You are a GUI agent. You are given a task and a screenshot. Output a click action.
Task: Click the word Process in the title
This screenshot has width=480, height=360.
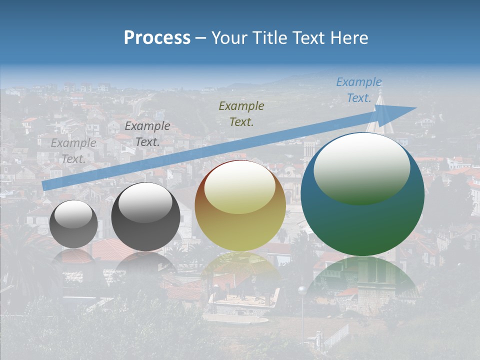tap(157, 38)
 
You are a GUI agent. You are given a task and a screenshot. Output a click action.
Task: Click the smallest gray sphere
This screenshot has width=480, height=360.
tap(73, 224)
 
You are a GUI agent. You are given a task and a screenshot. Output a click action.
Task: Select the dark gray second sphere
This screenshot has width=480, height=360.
tap(145, 217)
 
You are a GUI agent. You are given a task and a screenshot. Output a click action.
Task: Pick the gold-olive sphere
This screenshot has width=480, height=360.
tap(240, 206)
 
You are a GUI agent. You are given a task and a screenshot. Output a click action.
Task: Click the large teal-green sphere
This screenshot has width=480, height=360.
tap(362, 195)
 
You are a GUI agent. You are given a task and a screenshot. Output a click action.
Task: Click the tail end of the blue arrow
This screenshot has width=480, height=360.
tap(44, 185)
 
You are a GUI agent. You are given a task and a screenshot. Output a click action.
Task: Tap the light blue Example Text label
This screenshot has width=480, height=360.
tap(359, 90)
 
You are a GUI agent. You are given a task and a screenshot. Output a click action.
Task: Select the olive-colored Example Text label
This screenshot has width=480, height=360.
tap(241, 113)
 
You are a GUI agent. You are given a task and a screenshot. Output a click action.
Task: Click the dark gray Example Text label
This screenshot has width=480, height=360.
tap(147, 134)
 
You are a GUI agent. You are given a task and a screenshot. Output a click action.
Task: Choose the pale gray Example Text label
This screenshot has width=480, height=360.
tap(73, 150)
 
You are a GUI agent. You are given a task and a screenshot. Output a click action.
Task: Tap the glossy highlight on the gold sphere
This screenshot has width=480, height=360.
tap(239, 186)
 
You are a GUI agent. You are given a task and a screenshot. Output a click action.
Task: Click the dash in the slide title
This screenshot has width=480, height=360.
tap(200, 38)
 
